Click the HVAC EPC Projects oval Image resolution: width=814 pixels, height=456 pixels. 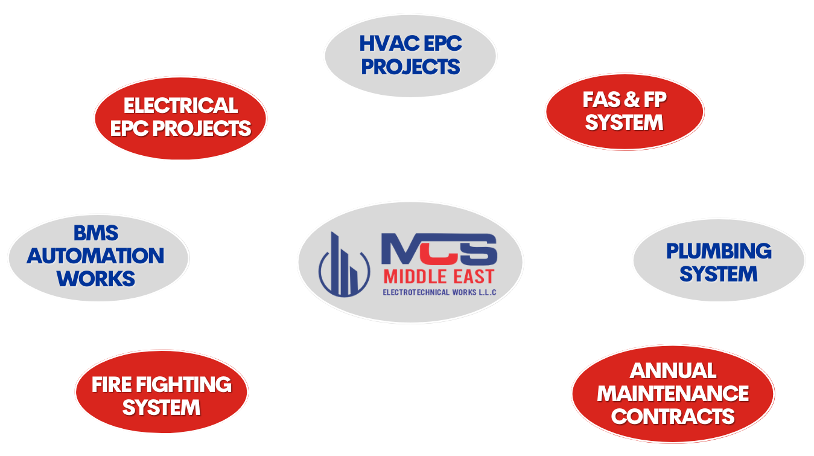pyautogui.click(x=410, y=55)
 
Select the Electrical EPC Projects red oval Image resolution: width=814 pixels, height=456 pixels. pyautogui.click(x=180, y=117)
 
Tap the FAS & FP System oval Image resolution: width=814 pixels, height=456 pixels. pyautogui.click(x=624, y=112)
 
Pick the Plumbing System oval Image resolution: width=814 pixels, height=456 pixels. pyautogui.click(x=718, y=262)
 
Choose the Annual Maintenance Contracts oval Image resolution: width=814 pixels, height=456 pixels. pyautogui.click(x=672, y=393)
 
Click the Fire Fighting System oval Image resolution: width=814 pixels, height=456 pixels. pyautogui.click(x=161, y=396)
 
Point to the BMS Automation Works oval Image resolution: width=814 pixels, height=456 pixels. pyautogui.click(x=97, y=256)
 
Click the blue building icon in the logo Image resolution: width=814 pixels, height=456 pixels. pyautogui.click(x=343, y=263)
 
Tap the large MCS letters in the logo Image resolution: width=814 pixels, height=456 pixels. pyautogui.click(x=439, y=247)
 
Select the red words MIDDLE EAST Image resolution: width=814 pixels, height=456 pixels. pyautogui.click(x=439, y=277)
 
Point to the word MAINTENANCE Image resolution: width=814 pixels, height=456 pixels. pyautogui.click(x=672, y=394)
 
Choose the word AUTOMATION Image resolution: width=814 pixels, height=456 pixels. pyautogui.click(x=95, y=256)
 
